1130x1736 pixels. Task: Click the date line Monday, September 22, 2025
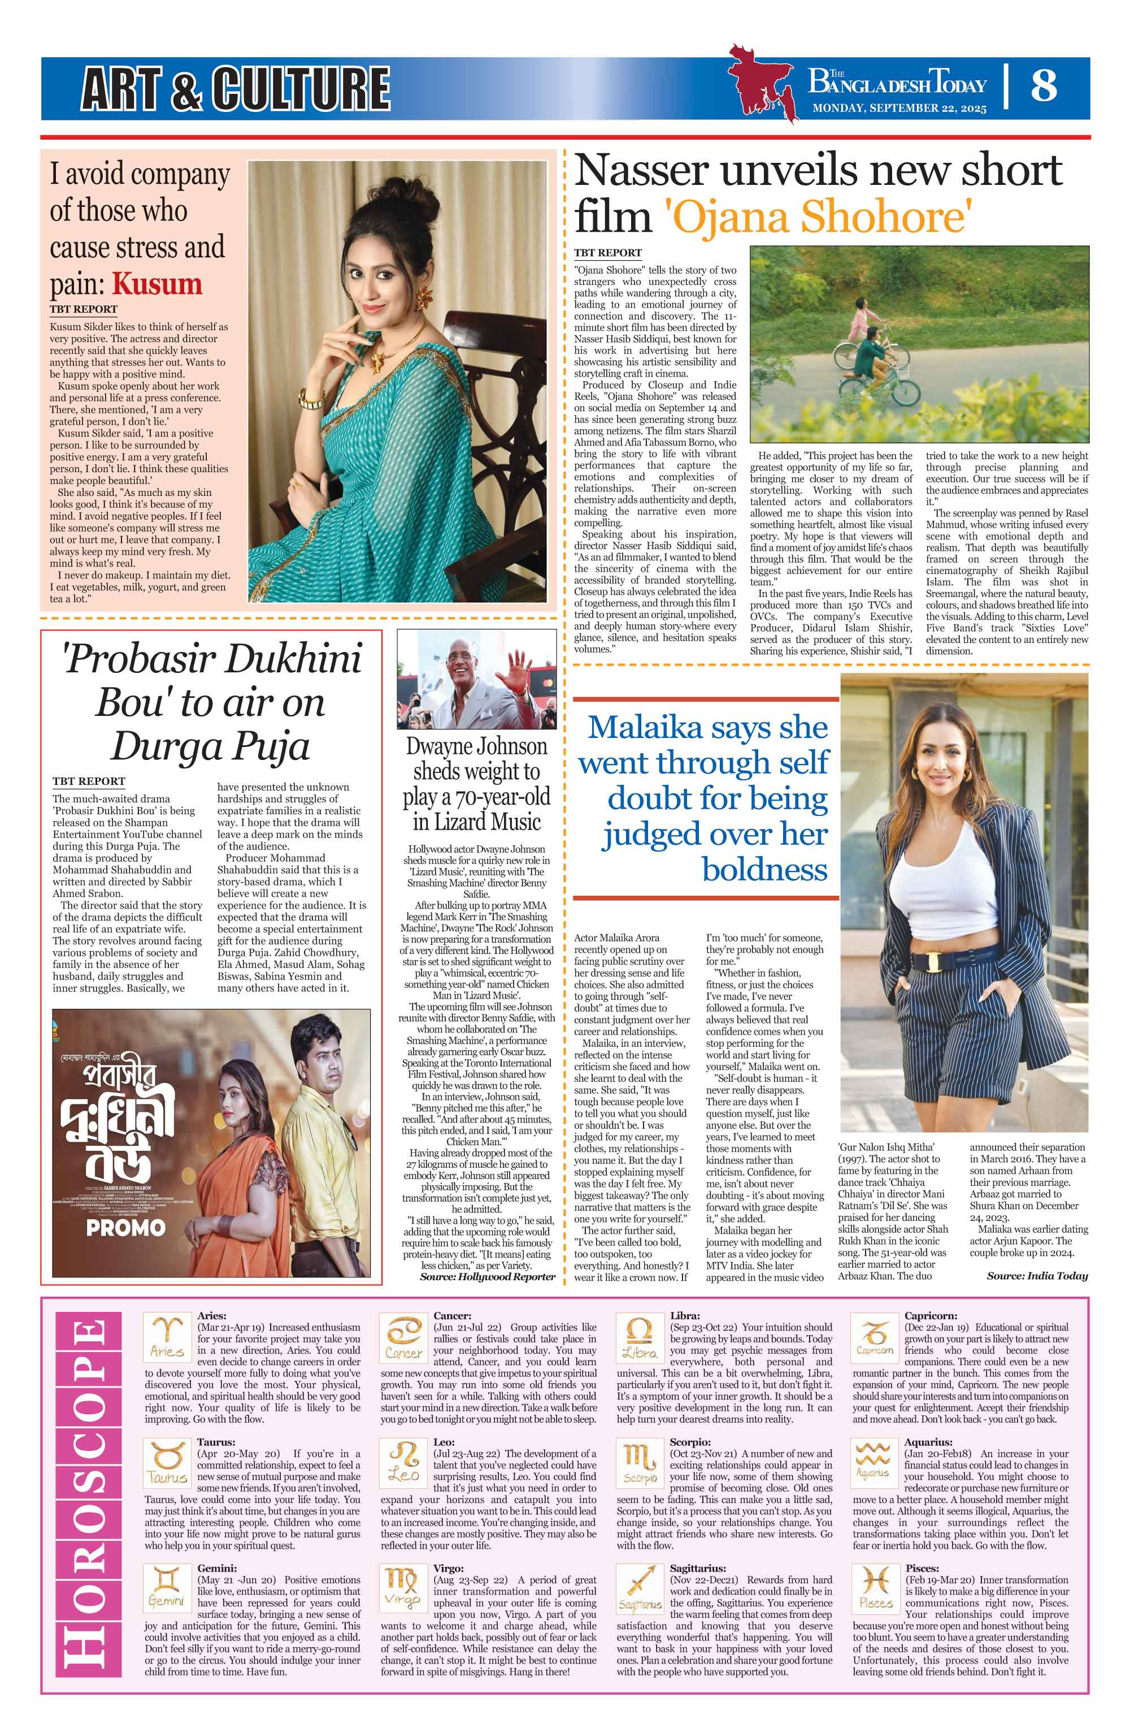tap(899, 109)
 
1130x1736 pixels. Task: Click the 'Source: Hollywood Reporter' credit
tap(487, 1276)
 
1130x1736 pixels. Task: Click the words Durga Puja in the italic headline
tap(211, 745)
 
